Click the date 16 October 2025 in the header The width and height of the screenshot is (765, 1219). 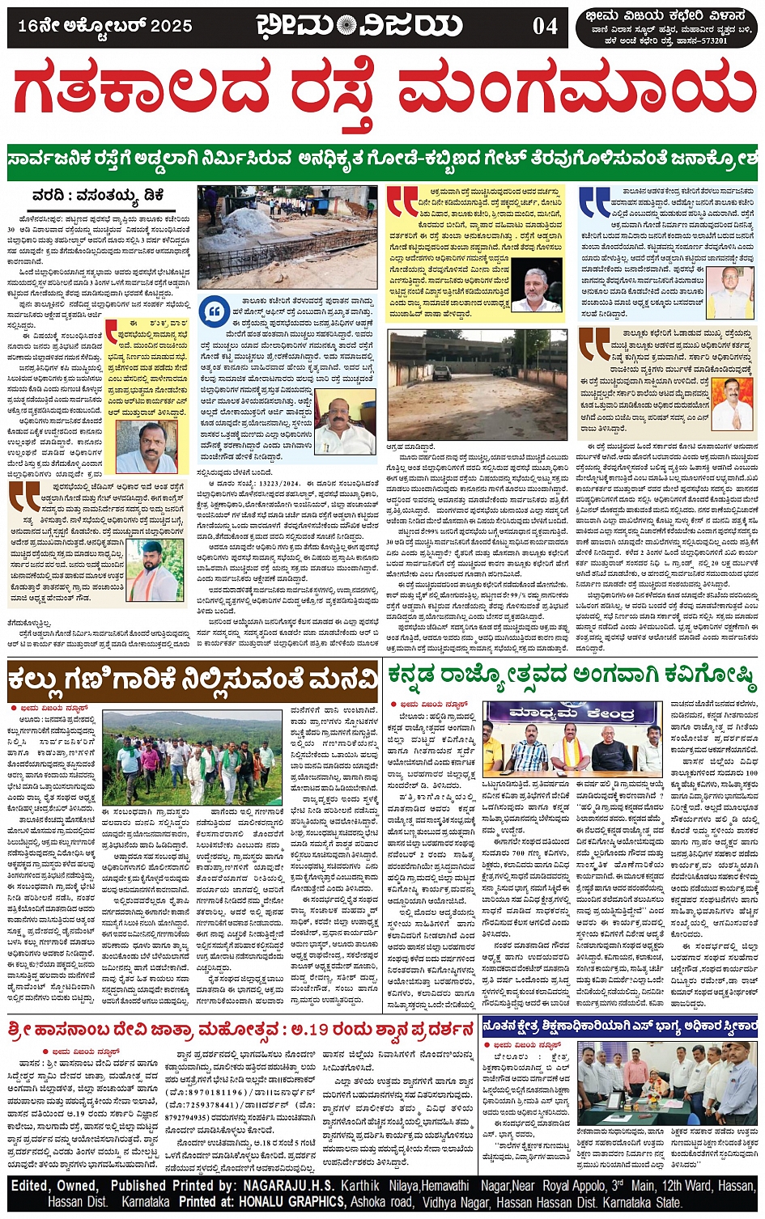pyautogui.click(x=105, y=26)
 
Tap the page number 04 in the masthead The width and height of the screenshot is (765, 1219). pyautogui.click(x=545, y=27)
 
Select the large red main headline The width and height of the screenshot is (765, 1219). pyautogui.click(x=382, y=95)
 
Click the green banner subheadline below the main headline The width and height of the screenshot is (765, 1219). pyautogui.click(x=382, y=162)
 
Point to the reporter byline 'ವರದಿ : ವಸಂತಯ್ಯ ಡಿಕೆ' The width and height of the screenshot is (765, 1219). pyautogui.click(x=97, y=196)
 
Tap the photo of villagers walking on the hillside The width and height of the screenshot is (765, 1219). pyautogui.click(x=193, y=758)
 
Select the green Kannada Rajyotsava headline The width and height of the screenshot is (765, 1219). pyautogui.click(x=572, y=675)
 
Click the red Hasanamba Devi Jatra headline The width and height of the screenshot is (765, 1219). pyautogui.click(x=240, y=1030)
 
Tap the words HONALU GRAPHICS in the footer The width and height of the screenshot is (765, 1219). pyautogui.click(x=288, y=1201)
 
